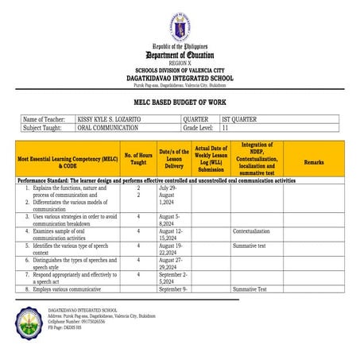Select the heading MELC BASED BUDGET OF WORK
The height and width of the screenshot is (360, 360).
tap(179, 104)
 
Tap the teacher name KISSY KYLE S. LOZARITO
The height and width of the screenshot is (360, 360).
tap(110, 119)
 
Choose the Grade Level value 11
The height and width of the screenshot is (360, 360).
tap(226, 127)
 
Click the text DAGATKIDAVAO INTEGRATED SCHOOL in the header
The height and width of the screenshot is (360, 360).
tap(179, 79)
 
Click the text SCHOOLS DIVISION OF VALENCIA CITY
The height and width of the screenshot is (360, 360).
tap(179, 71)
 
